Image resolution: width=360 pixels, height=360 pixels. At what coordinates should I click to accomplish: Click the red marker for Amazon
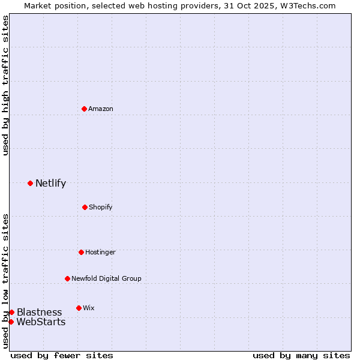85,109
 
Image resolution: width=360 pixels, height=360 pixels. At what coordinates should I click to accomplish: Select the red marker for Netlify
30,183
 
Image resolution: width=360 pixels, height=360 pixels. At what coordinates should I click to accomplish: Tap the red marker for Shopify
85,207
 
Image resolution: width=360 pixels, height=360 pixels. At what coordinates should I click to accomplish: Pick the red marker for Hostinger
81,252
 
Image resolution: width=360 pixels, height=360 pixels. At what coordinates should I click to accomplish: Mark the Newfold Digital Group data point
67,278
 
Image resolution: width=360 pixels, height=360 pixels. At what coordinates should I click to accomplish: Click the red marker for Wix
79,308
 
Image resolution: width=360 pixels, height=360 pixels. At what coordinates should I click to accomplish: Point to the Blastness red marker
11,312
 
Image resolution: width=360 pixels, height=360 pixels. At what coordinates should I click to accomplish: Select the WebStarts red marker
11,322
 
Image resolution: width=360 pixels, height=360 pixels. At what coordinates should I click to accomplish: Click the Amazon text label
101,109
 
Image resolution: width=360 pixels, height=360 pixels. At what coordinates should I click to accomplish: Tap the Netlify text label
50,184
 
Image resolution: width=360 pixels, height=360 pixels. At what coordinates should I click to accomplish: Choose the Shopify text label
101,207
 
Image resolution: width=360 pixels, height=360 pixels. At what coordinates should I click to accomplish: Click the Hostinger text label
100,252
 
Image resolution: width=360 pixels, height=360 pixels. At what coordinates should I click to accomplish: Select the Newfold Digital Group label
106,278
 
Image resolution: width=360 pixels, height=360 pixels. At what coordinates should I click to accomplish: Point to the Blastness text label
39,312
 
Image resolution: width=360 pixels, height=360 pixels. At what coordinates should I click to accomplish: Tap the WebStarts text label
41,322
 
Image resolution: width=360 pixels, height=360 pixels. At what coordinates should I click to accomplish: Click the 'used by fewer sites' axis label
62,355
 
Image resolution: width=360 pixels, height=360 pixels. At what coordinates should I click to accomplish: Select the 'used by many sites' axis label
301,355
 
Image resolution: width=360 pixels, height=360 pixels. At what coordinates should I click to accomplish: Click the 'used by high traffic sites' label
5,86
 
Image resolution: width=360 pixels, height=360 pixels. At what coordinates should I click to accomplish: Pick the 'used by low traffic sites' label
5,281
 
